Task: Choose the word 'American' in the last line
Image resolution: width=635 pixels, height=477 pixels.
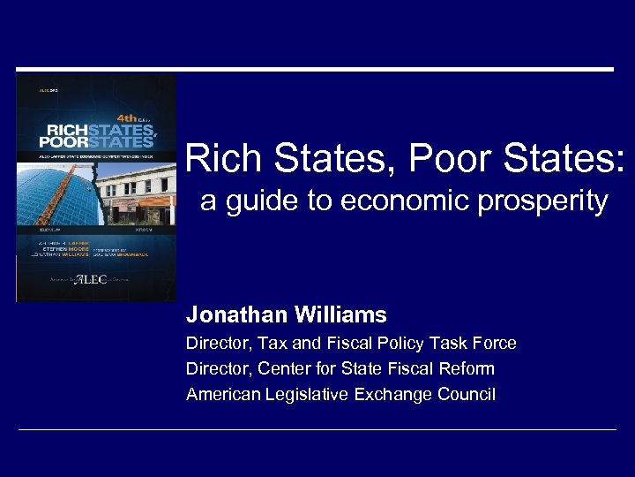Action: (221, 395)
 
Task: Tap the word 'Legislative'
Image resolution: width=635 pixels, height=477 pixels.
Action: (305, 395)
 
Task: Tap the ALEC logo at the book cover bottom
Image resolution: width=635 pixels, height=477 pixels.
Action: (90, 279)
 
